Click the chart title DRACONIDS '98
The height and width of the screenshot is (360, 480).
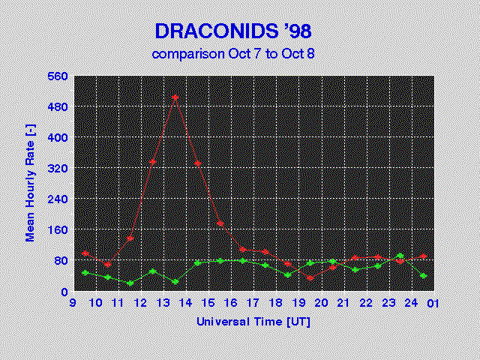click(x=233, y=31)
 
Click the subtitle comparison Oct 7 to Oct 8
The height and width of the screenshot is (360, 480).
click(x=233, y=54)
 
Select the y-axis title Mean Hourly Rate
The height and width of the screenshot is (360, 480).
click(x=30, y=183)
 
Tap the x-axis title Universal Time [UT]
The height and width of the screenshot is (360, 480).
click(x=253, y=322)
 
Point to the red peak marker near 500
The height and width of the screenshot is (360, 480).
click(x=175, y=97)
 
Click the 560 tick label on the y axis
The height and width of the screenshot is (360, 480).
click(x=58, y=76)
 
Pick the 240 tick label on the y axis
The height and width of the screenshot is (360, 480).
click(x=58, y=199)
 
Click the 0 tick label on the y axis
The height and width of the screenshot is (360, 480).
click(x=64, y=292)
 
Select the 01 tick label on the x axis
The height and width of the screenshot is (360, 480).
click(x=433, y=304)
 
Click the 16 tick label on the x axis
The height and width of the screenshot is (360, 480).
click(x=232, y=303)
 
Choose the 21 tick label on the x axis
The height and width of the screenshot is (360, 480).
click(x=343, y=303)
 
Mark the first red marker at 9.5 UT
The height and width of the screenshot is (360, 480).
click(x=85, y=253)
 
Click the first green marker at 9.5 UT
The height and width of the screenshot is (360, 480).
click(x=85, y=273)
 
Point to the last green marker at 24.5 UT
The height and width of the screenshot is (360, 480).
click(x=423, y=276)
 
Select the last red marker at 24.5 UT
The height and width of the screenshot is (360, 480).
click(x=423, y=256)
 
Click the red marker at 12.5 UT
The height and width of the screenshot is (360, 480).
click(x=153, y=162)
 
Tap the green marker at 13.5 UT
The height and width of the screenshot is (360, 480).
click(x=175, y=282)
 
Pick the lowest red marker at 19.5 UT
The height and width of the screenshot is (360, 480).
click(x=310, y=278)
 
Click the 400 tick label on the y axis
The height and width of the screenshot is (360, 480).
click(x=58, y=137)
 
